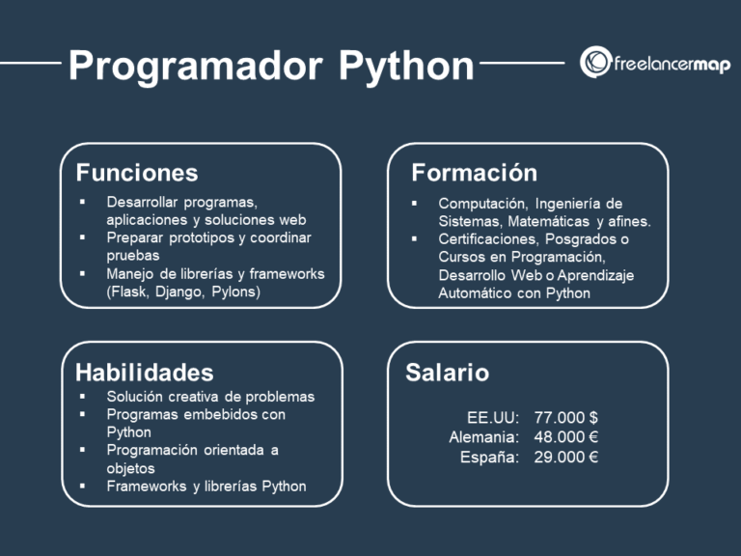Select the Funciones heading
coord(137,173)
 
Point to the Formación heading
coord(474,173)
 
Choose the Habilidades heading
coord(145,373)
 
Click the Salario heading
coord(447,373)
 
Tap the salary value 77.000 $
coord(566,417)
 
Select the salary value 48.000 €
coord(566,437)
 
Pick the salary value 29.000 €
coord(566,457)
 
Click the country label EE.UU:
coord(493,417)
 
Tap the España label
coord(490,457)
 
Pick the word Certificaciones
coord(488,238)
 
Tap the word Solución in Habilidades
coord(135,397)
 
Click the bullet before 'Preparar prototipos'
coord(83,237)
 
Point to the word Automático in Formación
coord(476,292)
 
